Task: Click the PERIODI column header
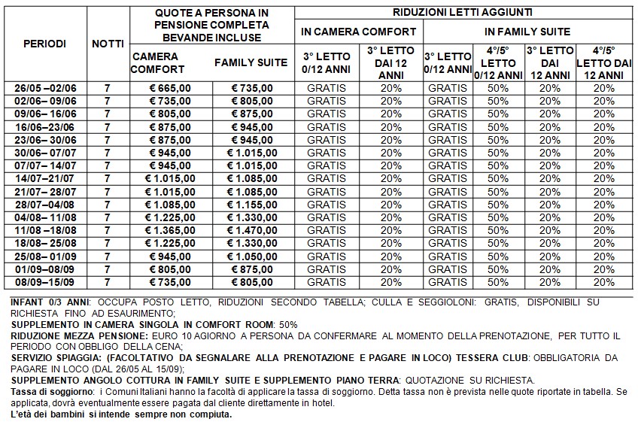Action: click(x=45, y=44)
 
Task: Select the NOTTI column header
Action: click(x=108, y=44)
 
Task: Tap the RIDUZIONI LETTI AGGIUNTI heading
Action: click(x=464, y=12)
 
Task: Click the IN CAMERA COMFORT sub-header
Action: click(x=358, y=32)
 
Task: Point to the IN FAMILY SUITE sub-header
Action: click(x=528, y=32)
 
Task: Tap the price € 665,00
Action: click(x=170, y=88)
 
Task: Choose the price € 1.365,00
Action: click(x=170, y=230)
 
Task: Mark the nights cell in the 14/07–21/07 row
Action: click(x=108, y=178)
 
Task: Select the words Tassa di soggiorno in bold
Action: click(x=42, y=391)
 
